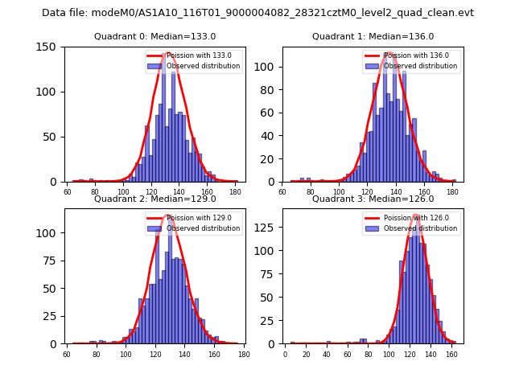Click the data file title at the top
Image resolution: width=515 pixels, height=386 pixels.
pyautogui.click(x=257, y=13)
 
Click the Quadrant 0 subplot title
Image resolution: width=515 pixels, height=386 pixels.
pyautogui.click(x=154, y=36)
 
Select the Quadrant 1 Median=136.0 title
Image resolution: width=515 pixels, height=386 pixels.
pyautogui.click(x=373, y=36)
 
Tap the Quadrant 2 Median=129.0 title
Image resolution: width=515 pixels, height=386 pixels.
pyautogui.click(x=154, y=199)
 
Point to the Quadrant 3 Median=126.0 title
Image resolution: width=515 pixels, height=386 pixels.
pyautogui.click(x=373, y=199)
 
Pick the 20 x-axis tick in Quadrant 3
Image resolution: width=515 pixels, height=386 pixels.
pyautogui.click(x=306, y=354)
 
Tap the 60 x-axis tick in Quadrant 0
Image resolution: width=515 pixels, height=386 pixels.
pyautogui.click(x=67, y=192)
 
